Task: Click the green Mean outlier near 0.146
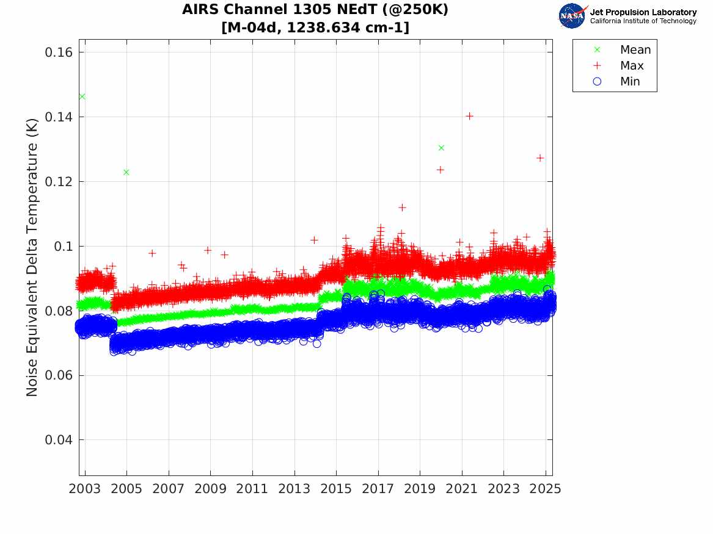coord(82,96)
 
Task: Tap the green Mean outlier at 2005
coord(126,172)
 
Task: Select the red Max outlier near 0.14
coord(469,116)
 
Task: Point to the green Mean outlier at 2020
coord(441,148)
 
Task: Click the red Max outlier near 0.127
coord(540,158)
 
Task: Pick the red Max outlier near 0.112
coord(402,207)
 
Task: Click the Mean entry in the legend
coord(635,50)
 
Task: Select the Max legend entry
coord(632,66)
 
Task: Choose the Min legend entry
coord(630,82)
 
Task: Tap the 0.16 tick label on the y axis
coord(59,52)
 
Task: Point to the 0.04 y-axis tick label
coord(59,440)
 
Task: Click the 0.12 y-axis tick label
coord(59,182)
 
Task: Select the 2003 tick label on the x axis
coord(85,489)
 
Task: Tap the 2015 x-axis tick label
coord(336,489)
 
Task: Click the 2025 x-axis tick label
coord(545,489)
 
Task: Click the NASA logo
coord(572,16)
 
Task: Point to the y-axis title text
coord(32,258)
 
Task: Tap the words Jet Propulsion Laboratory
coord(643,12)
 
